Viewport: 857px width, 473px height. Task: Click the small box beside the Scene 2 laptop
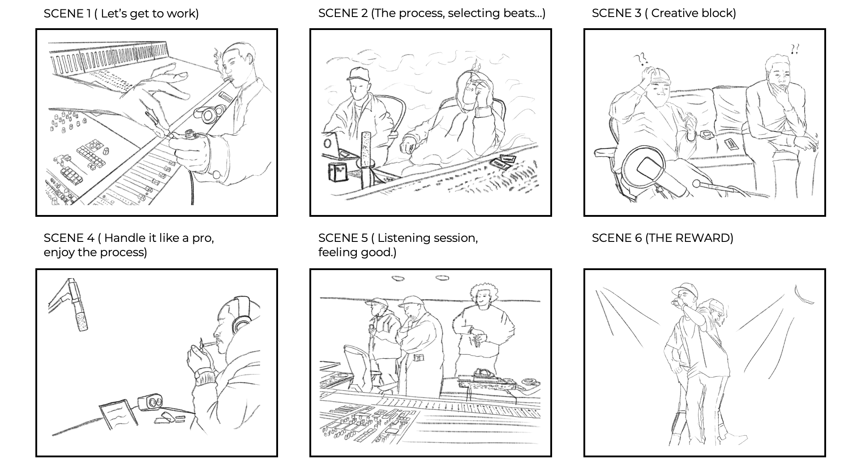pyautogui.click(x=338, y=172)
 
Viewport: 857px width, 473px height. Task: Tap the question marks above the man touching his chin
pyautogui.click(x=795, y=49)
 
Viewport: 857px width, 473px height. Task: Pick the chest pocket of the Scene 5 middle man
pyautogui.click(x=419, y=357)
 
